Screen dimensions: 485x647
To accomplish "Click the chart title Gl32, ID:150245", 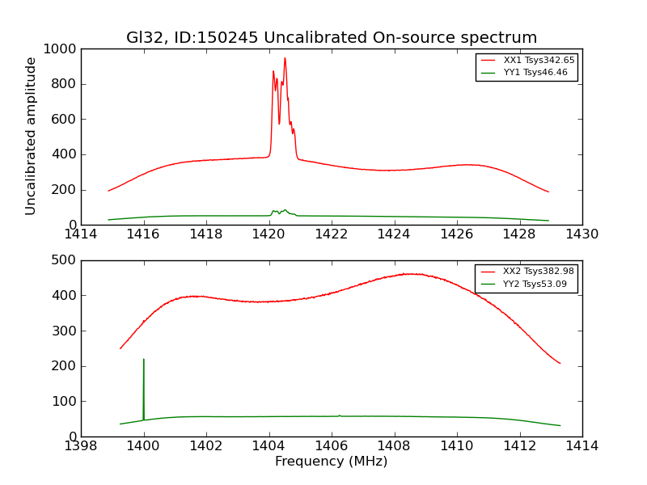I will pyautogui.click(x=331, y=38).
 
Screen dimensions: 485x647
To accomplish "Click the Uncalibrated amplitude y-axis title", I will pyautogui.click(x=32, y=136).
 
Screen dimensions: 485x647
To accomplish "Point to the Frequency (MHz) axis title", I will pyautogui.click(x=331, y=462).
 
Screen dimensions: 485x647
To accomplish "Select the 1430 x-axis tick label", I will pyautogui.click(x=581, y=234).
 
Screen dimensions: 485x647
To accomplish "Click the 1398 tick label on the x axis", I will pyautogui.click(x=81, y=445).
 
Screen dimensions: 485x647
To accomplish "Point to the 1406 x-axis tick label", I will pyautogui.click(x=331, y=445).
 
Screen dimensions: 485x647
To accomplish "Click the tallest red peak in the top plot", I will pyautogui.click(x=285, y=58).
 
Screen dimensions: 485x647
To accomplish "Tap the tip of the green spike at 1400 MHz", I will pyautogui.click(x=144, y=360).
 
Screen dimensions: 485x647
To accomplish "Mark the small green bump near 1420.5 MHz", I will pyautogui.click(x=284, y=210).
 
